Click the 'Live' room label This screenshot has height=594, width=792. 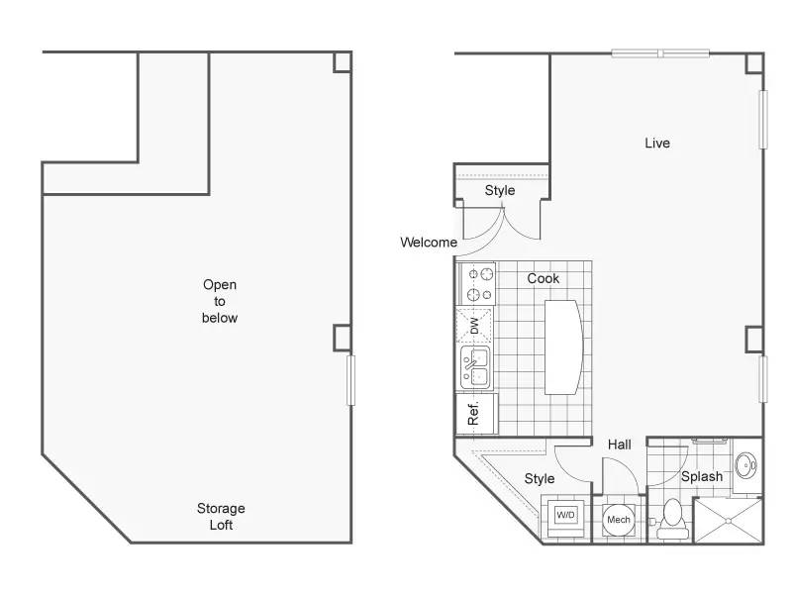pyautogui.click(x=657, y=143)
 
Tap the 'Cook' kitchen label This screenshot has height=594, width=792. pyautogui.click(x=543, y=278)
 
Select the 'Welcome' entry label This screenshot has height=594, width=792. pyautogui.click(x=429, y=243)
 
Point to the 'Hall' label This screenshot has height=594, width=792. pyautogui.click(x=620, y=445)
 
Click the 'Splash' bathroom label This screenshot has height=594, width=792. pyautogui.click(x=702, y=476)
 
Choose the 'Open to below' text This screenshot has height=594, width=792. pyautogui.click(x=220, y=301)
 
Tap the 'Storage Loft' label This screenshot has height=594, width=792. pyautogui.click(x=221, y=516)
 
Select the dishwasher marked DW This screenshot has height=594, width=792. pyautogui.click(x=474, y=326)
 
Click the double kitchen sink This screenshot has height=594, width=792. pyautogui.click(x=475, y=367)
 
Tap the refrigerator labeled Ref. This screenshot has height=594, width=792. pyautogui.click(x=476, y=414)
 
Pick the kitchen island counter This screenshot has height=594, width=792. pyautogui.click(x=563, y=347)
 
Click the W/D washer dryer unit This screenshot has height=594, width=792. pyautogui.click(x=565, y=516)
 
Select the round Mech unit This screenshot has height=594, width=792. pyautogui.click(x=619, y=520)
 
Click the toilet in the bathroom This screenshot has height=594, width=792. pyautogui.click(x=672, y=519)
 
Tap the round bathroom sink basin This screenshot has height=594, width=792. pyautogui.click(x=745, y=465)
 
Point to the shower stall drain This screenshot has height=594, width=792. pyautogui.click(x=728, y=521)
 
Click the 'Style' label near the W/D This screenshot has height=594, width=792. pyautogui.click(x=540, y=479)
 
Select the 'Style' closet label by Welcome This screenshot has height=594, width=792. pyautogui.click(x=500, y=190)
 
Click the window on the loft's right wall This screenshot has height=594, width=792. pyautogui.click(x=351, y=380)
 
